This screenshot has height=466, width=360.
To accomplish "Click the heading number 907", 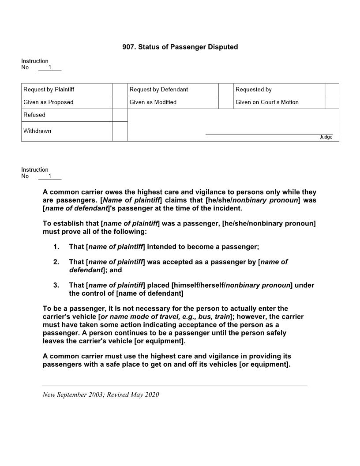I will [x=128, y=47].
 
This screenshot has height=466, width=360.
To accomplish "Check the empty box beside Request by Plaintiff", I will [x=120, y=90].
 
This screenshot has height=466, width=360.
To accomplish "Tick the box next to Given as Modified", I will [x=226, y=102].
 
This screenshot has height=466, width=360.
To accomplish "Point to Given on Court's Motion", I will [x=267, y=102].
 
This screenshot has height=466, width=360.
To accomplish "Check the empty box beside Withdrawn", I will [x=120, y=131].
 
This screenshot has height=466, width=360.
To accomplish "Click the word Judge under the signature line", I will [x=326, y=137].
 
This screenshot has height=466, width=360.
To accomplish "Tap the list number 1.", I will [x=56, y=246].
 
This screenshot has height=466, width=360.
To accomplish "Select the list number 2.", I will [x=56, y=262].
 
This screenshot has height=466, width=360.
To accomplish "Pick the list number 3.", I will [x=56, y=286].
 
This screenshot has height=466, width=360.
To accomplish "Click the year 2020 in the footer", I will [x=152, y=395].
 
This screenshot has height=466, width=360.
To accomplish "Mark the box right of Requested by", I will [x=332, y=90].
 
